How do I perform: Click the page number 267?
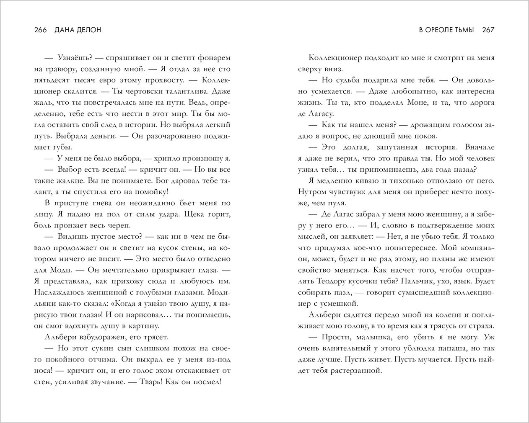pos(488,30)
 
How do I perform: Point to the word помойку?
pos(153,192)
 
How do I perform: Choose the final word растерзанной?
pos(357,370)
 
